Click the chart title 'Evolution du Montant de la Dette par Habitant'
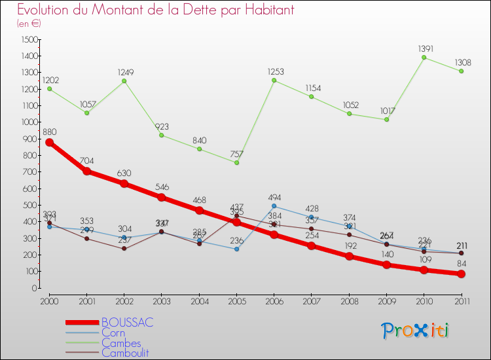(155, 10)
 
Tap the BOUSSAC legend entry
(127, 323)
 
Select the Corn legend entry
(113, 333)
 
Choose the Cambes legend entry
(119, 342)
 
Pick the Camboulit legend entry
(124, 352)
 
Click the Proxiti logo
(415, 331)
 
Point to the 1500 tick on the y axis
(29, 39)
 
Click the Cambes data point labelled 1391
(424, 58)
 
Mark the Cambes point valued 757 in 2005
(236, 162)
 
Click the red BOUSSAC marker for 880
(49, 142)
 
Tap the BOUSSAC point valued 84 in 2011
(462, 274)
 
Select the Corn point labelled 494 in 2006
(274, 206)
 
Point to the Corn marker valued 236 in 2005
(236, 249)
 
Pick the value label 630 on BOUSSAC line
(124, 173)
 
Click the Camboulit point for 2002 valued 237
(124, 249)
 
